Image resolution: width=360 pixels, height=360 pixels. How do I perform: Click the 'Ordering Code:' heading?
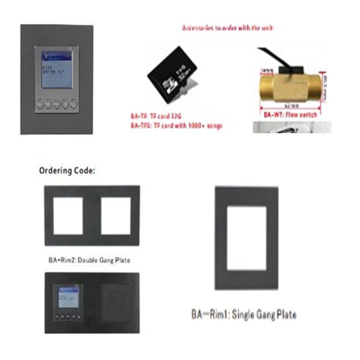tap(67, 171)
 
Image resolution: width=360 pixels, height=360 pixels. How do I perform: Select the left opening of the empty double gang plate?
tap(68, 216)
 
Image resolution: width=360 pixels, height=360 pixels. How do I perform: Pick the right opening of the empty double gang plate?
tap(116, 216)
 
